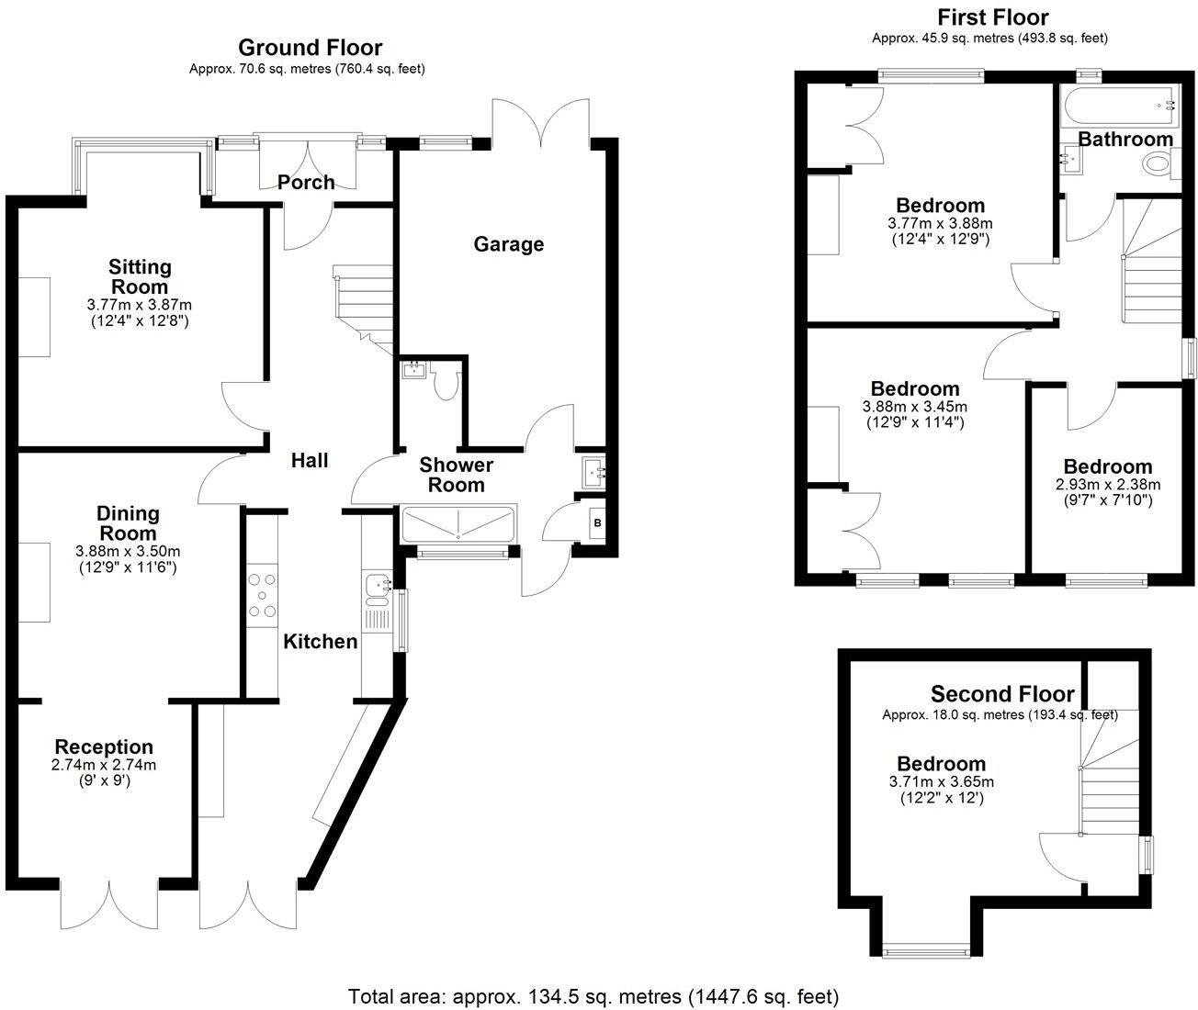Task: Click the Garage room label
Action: click(x=508, y=244)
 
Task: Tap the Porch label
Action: click(x=306, y=182)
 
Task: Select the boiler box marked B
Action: click(x=598, y=522)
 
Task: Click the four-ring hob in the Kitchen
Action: click(x=263, y=595)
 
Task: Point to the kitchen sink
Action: click(x=377, y=584)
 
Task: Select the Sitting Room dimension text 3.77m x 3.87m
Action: click(x=140, y=305)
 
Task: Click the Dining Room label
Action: click(x=129, y=523)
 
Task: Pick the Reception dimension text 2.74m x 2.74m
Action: click(x=103, y=765)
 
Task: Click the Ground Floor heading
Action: click(x=310, y=48)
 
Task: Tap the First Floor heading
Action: click(x=992, y=17)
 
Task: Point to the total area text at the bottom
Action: click(x=593, y=996)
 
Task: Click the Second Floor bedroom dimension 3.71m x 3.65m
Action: click(x=941, y=782)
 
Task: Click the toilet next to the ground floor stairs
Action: click(x=446, y=382)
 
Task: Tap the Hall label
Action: click(x=310, y=461)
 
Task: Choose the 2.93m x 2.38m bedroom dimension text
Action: click(x=1107, y=485)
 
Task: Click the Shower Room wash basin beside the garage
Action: click(x=592, y=472)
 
